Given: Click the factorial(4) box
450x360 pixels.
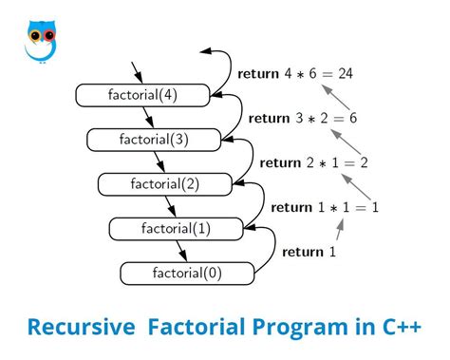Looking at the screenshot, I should [142, 95].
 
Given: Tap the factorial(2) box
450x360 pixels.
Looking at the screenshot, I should [165, 184].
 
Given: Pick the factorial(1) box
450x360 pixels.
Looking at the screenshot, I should [176, 229].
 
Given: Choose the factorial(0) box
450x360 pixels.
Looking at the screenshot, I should [187, 274].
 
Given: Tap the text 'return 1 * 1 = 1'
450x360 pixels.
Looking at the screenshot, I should [325, 207].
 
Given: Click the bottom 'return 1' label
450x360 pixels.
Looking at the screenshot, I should [309, 252].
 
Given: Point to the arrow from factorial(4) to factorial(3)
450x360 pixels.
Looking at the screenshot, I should [148, 117].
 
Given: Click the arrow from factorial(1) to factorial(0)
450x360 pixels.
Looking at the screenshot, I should [181, 251].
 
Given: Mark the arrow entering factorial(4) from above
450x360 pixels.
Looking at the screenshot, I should [138, 72].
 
